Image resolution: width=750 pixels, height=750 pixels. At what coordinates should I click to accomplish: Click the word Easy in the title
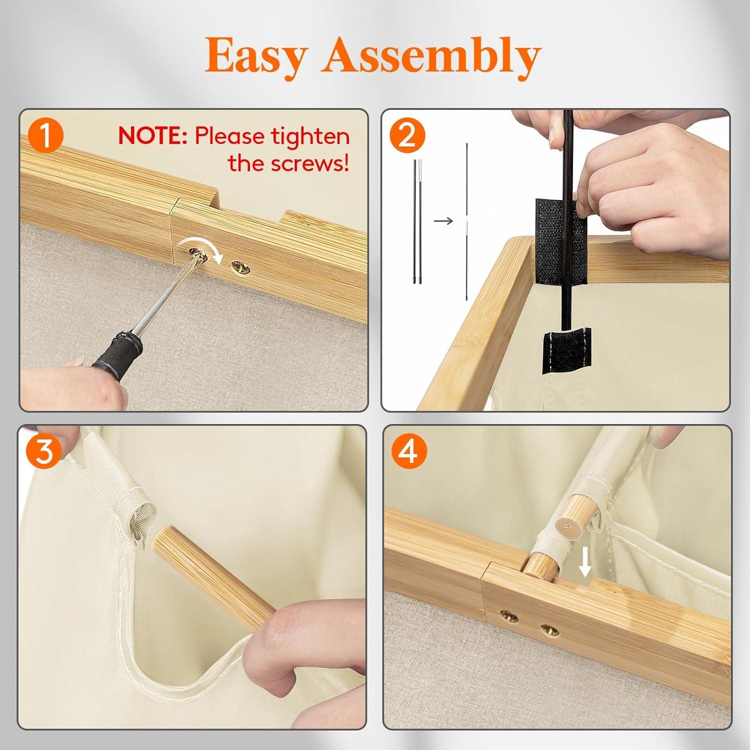(256, 56)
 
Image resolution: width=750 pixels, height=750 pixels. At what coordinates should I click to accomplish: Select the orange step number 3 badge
(44, 451)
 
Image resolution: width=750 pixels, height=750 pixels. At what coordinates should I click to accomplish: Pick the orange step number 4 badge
(408, 451)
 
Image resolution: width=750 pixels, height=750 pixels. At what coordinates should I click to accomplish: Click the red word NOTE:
(152, 136)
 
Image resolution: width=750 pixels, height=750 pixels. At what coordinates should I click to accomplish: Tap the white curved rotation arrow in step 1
(212, 252)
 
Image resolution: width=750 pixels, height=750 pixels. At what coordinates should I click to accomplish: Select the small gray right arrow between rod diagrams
(443, 220)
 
